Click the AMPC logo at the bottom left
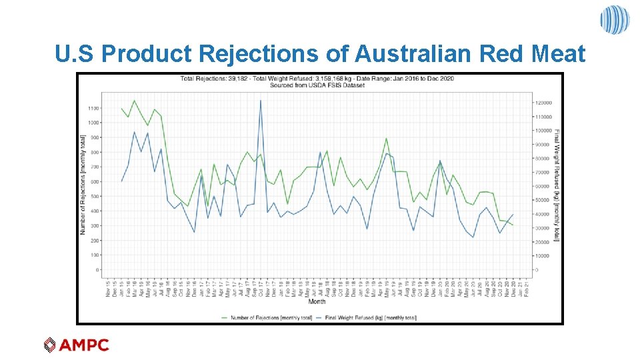tap(76, 345)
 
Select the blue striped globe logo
tap(614, 19)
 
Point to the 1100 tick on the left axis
tap(93, 108)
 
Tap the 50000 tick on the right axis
tap(541, 200)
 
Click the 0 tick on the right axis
tap(536, 270)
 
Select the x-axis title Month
tap(317, 301)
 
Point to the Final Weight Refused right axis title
tap(557, 185)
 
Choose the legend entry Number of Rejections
tap(271, 317)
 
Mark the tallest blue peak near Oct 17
tap(260, 101)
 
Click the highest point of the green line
tap(135, 101)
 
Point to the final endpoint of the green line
tap(513, 225)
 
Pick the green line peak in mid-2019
tap(386, 139)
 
